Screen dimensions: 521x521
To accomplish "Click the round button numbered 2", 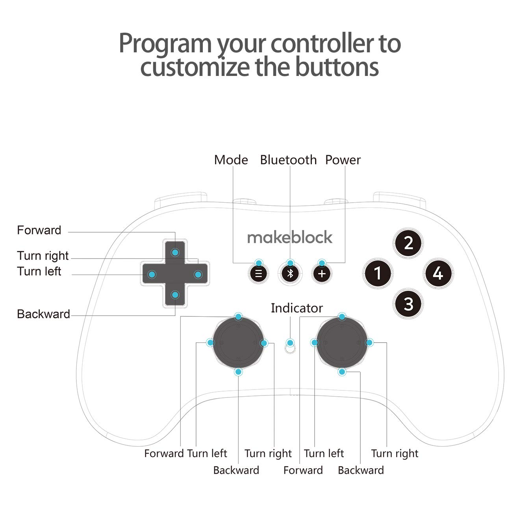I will (408, 243).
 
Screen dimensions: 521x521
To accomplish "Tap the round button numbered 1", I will (377, 273).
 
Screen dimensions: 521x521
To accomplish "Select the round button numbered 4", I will (438, 273).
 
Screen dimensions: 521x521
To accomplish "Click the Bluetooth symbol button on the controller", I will (290, 273).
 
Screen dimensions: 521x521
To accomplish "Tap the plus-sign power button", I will (322, 273).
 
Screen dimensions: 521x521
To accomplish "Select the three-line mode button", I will (258, 273).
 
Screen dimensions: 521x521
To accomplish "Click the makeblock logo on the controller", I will (289, 237).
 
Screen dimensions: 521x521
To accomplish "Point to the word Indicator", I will (297, 308).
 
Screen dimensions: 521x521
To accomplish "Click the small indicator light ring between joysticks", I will (290, 349).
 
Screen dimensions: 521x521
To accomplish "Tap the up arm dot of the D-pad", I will (175, 252).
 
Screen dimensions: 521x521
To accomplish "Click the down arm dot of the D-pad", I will (175, 295).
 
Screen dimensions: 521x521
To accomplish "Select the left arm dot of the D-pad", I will (152, 274).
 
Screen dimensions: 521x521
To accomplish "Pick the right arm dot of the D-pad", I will (198, 274).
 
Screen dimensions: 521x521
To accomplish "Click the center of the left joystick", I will (238, 343).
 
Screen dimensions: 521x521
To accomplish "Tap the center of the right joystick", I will (342, 343).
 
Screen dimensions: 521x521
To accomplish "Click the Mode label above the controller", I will (231, 160).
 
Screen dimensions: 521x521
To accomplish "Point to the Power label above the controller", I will (343, 160).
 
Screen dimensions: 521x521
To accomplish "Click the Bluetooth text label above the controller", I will (288, 160).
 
